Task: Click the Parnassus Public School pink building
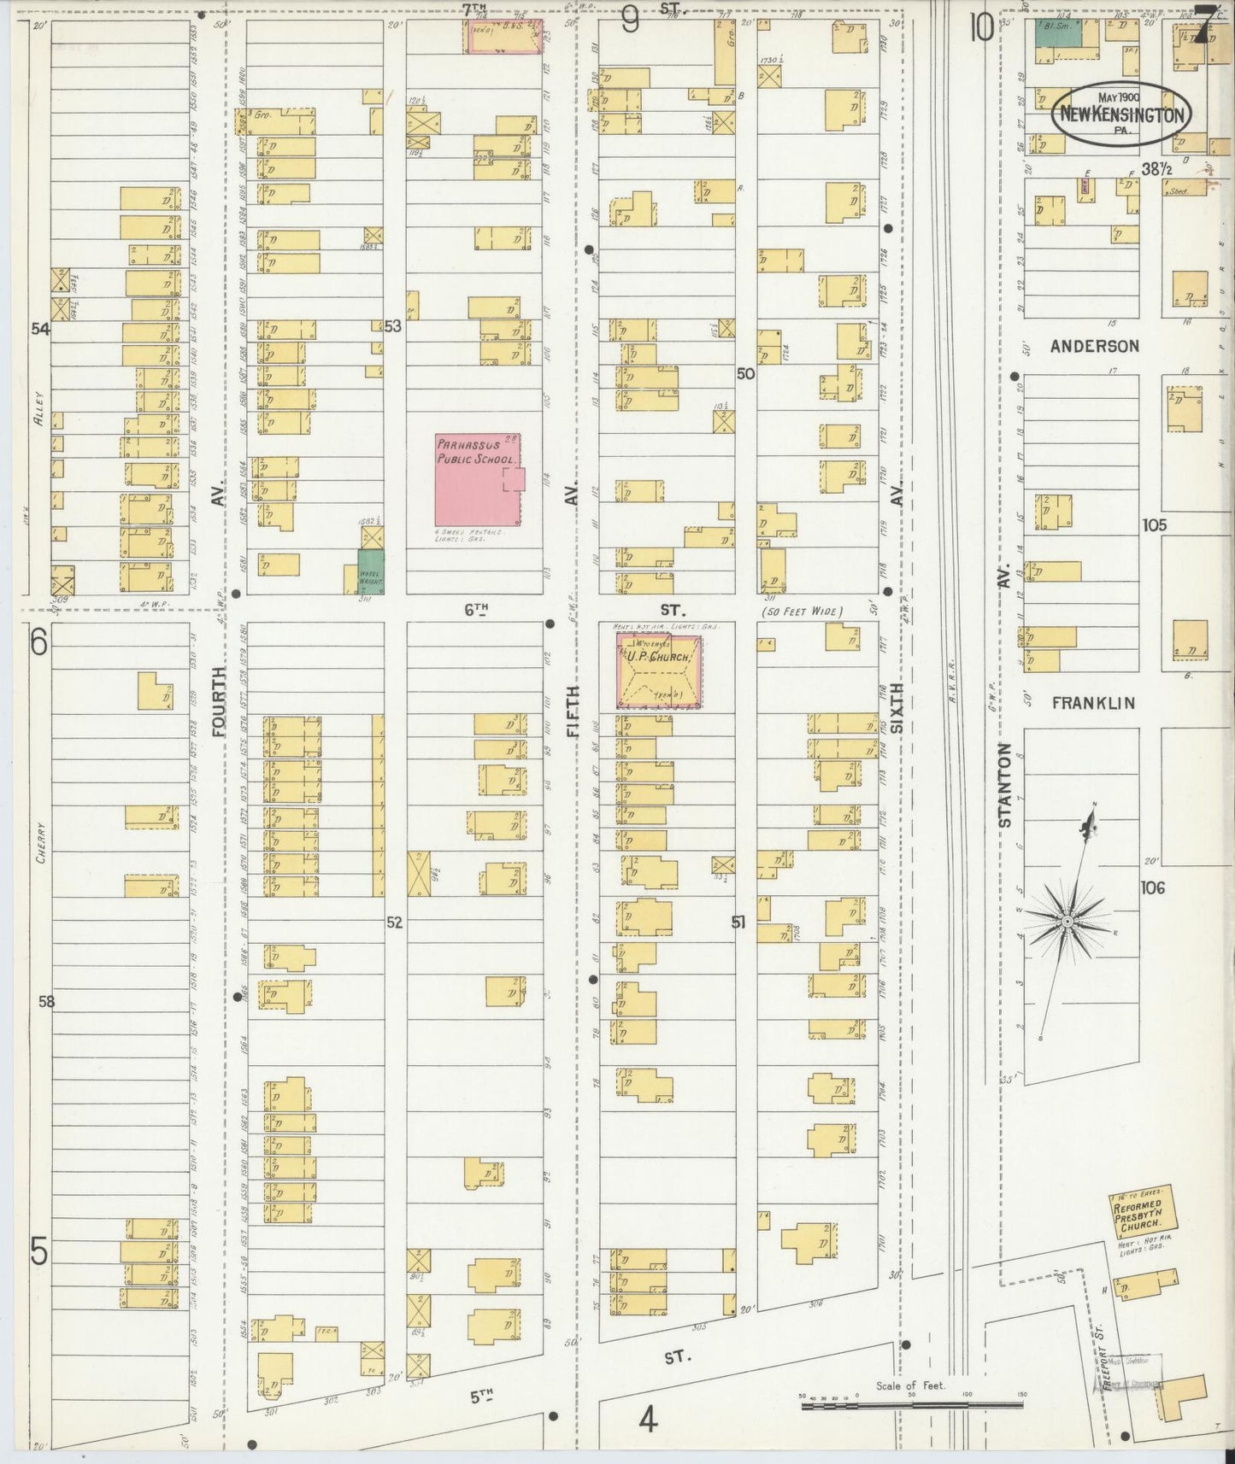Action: tap(477, 480)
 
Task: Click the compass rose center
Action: tap(1067, 922)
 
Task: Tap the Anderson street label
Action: tap(1095, 346)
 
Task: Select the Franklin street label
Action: tap(1093, 703)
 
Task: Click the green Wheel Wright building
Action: tap(371, 571)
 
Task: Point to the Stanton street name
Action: tap(1005, 785)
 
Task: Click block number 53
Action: tap(392, 325)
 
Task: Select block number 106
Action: tap(1152, 887)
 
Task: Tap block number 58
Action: tap(46, 1001)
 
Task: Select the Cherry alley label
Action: tap(40, 844)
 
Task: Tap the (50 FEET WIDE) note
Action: tap(800, 612)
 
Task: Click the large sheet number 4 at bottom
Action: tap(648, 1421)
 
